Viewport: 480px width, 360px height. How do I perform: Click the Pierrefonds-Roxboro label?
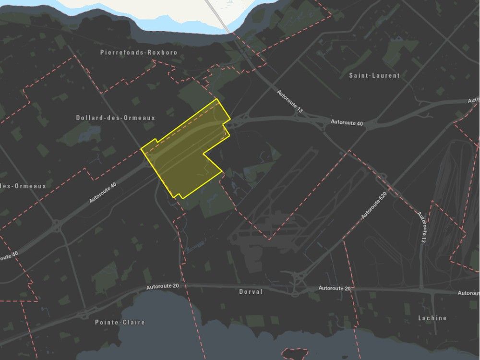(x=139, y=52)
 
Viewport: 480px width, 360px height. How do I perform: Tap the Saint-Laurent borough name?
(x=375, y=75)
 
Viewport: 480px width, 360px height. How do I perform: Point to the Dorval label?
(x=251, y=291)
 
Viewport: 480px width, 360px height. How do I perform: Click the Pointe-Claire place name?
(x=120, y=322)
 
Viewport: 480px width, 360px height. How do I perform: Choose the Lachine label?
(x=432, y=318)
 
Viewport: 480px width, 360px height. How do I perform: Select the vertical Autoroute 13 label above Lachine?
(x=422, y=228)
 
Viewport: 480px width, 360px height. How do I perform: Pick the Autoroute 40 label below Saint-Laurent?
(x=347, y=123)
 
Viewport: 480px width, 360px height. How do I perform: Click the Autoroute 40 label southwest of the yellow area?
(x=103, y=192)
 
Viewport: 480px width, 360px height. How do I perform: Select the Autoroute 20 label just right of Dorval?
(x=335, y=288)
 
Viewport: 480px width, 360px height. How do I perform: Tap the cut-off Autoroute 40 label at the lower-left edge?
(x=9, y=257)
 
